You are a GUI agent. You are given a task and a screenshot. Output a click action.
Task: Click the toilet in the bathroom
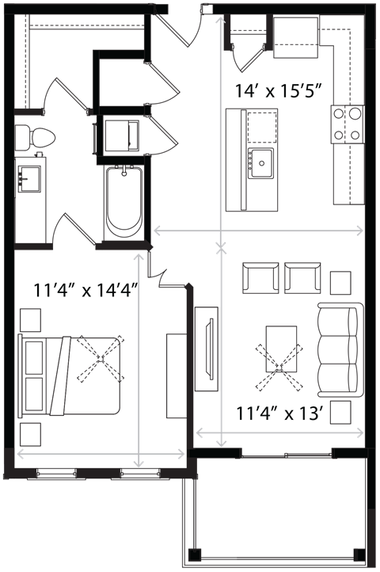coord(35,139)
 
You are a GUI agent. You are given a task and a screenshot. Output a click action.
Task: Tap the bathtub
coord(124,203)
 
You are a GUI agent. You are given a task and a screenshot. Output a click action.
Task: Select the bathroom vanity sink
coord(30,179)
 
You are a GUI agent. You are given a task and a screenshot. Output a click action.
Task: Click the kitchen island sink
coord(260,163)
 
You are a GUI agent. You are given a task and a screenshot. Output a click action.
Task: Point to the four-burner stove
coord(348,124)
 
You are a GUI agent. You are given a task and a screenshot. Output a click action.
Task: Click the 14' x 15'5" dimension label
coord(279,91)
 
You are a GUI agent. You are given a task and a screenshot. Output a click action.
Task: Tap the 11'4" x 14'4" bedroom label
coord(85,291)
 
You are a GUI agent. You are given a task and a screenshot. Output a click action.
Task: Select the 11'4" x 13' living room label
coord(281,414)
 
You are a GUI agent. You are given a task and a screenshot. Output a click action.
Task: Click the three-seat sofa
coord(341,350)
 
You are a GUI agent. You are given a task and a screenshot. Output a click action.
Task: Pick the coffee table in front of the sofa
coord(281,349)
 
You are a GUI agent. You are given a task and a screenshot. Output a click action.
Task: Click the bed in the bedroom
coord(70,376)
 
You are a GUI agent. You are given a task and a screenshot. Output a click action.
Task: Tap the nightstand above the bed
coord(30,320)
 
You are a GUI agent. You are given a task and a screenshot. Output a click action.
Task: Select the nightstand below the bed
coord(30,434)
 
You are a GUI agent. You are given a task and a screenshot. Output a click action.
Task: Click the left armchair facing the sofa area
coord(260,277)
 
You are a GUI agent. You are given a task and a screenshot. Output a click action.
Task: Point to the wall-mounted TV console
coord(207,349)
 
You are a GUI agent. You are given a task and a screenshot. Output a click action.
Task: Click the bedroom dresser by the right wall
coord(177,376)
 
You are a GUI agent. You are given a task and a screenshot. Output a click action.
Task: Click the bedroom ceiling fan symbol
coord(101,359)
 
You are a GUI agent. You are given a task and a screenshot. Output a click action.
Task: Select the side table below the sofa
coord(340,413)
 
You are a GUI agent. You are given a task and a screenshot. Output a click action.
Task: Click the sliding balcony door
coord(287,455)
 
